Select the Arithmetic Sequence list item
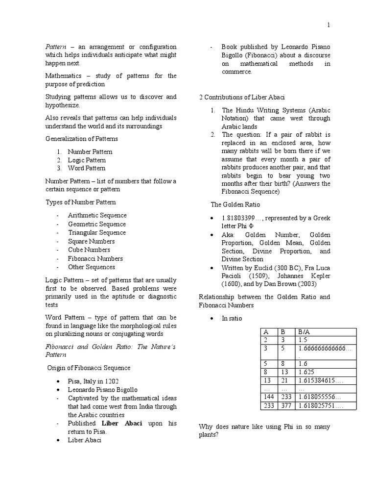pos(97,215)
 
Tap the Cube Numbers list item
pos(89,250)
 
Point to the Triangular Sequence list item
pos(97,233)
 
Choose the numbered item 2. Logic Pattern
pos(81,160)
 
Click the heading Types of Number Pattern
pos(81,202)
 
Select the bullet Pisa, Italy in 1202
pos(93,381)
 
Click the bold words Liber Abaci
pos(122,423)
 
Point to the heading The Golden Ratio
pos(235,204)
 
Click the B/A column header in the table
pos(304,332)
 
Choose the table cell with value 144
pos(268,397)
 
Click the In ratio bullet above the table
pos(232,319)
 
